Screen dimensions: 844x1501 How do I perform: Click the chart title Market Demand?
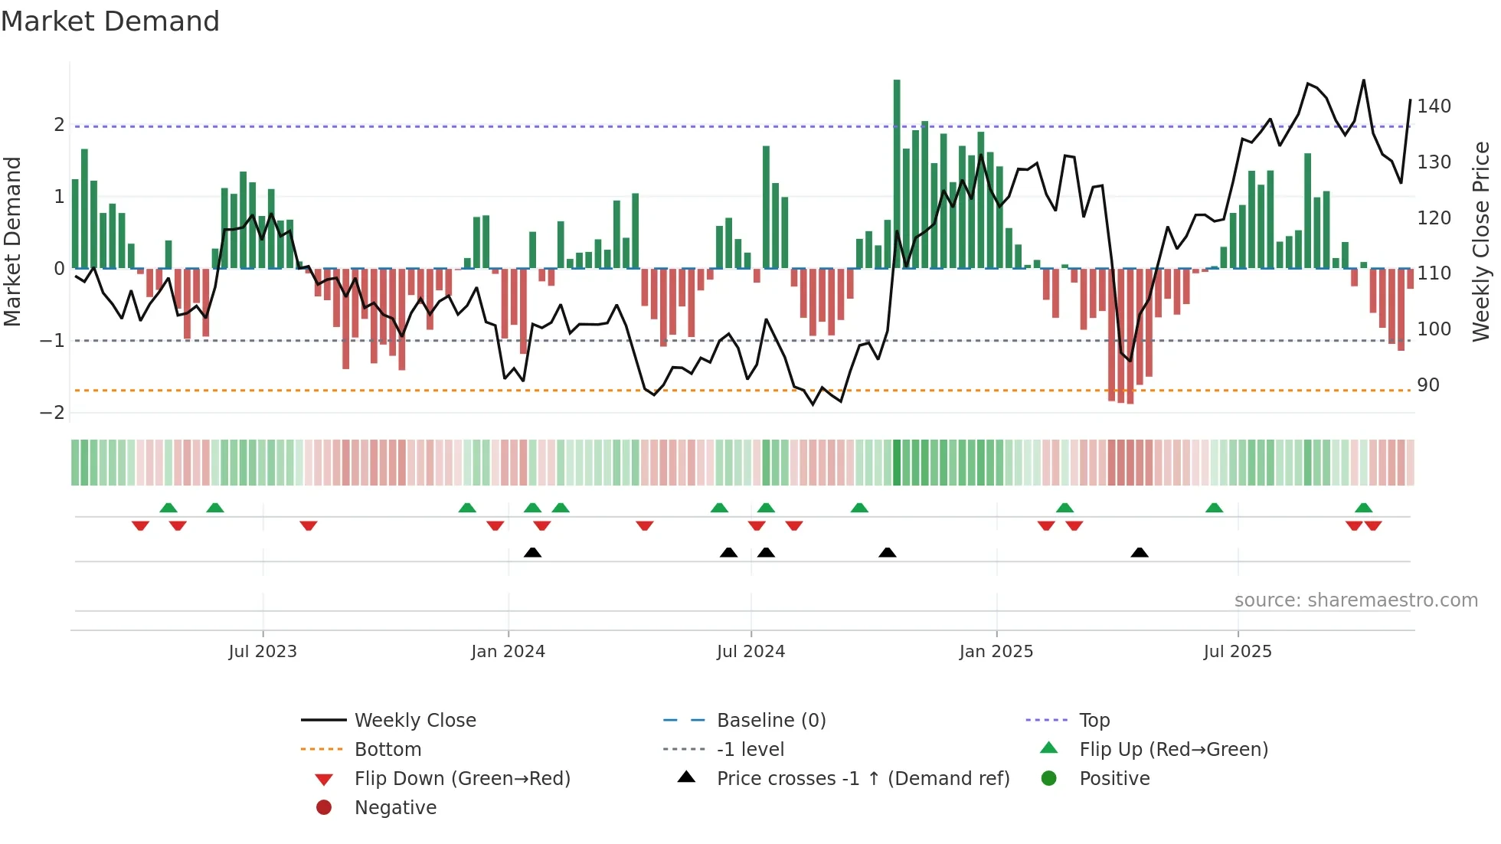(x=110, y=21)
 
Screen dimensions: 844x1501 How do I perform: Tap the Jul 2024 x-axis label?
(x=750, y=652)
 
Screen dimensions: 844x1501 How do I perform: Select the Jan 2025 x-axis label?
(x=996, y=652)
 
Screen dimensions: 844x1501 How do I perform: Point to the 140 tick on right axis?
(x=1434, y=106)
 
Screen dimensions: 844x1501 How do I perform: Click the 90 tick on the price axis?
(x=1427, y=385)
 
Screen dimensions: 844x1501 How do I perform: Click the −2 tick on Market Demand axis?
(x=53, y=413)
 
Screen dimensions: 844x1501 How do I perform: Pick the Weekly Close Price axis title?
(x=1481, y=241)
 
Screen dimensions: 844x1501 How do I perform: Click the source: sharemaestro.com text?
(x=1355, y=600)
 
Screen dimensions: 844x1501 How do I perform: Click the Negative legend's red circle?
(x=324, y=808)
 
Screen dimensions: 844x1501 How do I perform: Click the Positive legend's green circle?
(x=1049, y=779)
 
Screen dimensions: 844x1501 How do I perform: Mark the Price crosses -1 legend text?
(x=863, y=779)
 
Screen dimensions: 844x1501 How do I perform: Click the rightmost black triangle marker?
(x=1140, y=553)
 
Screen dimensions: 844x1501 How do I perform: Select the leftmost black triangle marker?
(x=533, y=553)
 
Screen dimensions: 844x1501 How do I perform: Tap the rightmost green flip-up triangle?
(x=1363, y=508)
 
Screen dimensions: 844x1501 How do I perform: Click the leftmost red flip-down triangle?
(x=140, y=525)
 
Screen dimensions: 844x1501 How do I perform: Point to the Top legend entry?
(x=1094, y=721)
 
